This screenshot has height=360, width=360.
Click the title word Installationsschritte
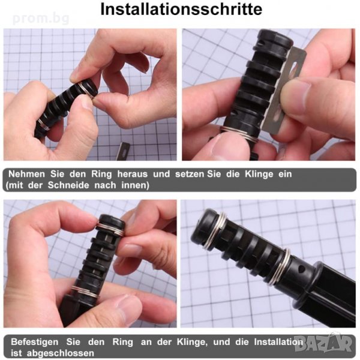[181, 10]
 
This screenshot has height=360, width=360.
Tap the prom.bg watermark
[41, 19]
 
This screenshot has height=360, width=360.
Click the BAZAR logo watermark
[323, 343]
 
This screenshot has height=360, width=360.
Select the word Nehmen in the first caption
[26, 174]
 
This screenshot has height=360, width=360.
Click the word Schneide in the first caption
[68, 185]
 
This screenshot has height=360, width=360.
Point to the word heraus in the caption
[133, 174]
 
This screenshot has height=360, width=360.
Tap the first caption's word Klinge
[259, 175]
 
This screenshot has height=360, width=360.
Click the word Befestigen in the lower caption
[35, 342]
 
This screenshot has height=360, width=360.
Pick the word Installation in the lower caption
[278, 342]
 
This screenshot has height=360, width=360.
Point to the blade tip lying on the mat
[124, 151]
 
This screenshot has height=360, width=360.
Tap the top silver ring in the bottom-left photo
[110, 228]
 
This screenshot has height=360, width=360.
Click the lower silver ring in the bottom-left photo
[85, 292]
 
